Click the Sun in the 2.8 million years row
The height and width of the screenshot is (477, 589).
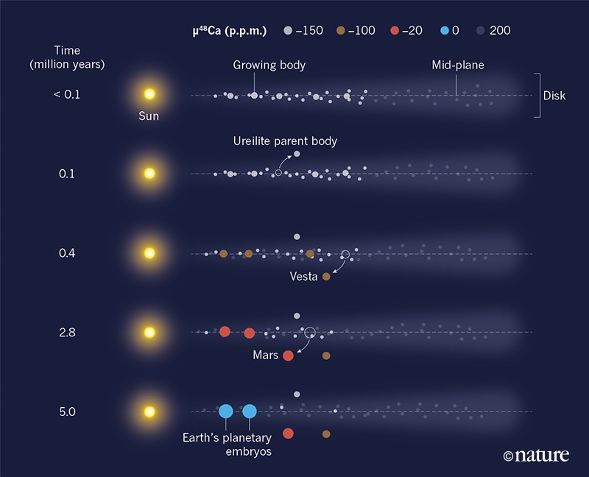[149, 332]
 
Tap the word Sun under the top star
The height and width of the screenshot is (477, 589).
[149, 116]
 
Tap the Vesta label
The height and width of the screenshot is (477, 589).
[303, 278]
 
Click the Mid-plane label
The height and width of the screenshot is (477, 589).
[459, 66]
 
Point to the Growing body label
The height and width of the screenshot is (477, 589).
[269, 66]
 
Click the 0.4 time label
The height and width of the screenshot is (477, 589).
[67, 253]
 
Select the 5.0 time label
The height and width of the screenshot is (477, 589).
[67, 411]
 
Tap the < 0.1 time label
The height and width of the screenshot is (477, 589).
[67, 95]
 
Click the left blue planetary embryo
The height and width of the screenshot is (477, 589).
[226, 411]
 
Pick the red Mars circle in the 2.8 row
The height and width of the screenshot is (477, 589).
[288, 356]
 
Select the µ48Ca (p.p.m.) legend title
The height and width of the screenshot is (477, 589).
[230, 31]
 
